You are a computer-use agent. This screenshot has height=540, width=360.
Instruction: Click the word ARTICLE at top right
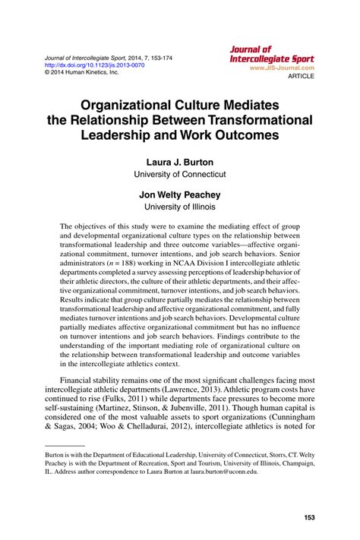[298, 75]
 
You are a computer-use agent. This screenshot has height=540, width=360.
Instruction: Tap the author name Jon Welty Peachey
[179, 194]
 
